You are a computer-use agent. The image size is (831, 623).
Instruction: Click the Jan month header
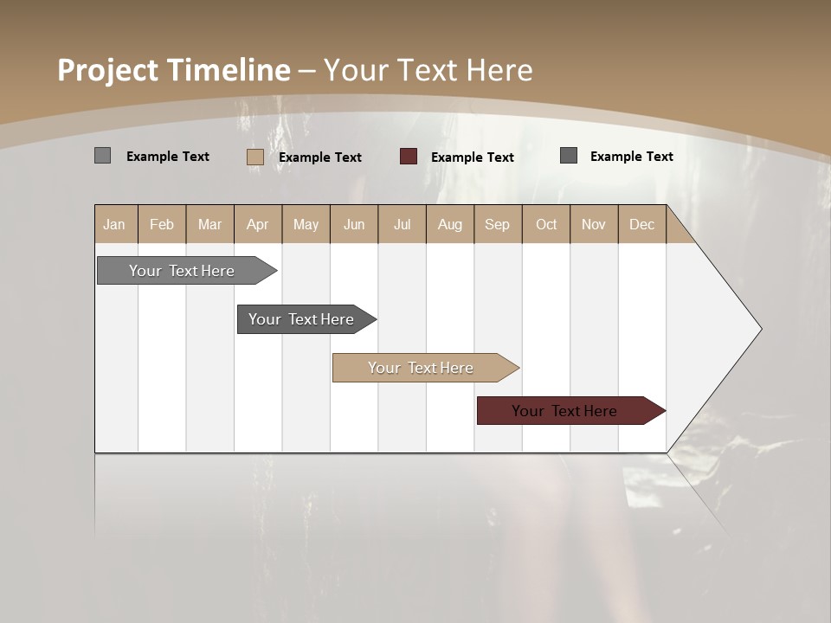pyautogui.click(x=114, y=225)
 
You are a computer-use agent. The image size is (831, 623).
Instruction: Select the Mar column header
pyautogui.click(x=209, y=225)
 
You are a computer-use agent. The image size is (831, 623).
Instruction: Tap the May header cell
pyautogui.click(x=306, y=225)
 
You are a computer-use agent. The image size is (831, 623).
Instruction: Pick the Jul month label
pyautogui.click(x=402, y=225)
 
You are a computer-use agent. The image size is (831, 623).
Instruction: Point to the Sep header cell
pyautogui.click(x=497, y=225)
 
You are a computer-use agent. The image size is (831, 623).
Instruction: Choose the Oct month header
pyautogui.click(x=546, y=225)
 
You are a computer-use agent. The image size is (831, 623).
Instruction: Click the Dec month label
pyautogui.click(x=641, y=225)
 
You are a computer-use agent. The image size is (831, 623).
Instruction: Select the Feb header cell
pyautogui.click(x=162, y=225)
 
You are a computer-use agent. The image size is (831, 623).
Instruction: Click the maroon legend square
pyautogui.click(x=409, y=157)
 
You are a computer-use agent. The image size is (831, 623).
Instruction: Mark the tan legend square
pyautogui.click(x=255, y=157)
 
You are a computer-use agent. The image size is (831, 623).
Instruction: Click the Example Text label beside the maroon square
pyautogui.click(x=473, y=157)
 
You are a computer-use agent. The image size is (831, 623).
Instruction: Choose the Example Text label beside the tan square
pyautogui.click(x=320, y=157)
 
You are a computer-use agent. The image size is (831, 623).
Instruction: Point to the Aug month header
pyautogui.click(x=449, y=225)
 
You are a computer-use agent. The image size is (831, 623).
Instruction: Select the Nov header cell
pyautogui.click(x=593, y=225)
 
